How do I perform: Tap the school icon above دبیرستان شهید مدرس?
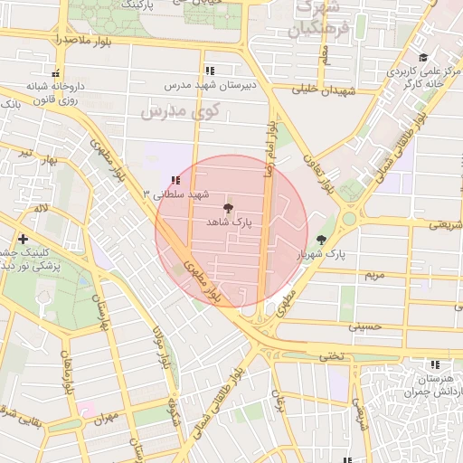210,70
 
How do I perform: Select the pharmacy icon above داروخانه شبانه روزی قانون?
56,73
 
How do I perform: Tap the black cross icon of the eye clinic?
23,239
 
